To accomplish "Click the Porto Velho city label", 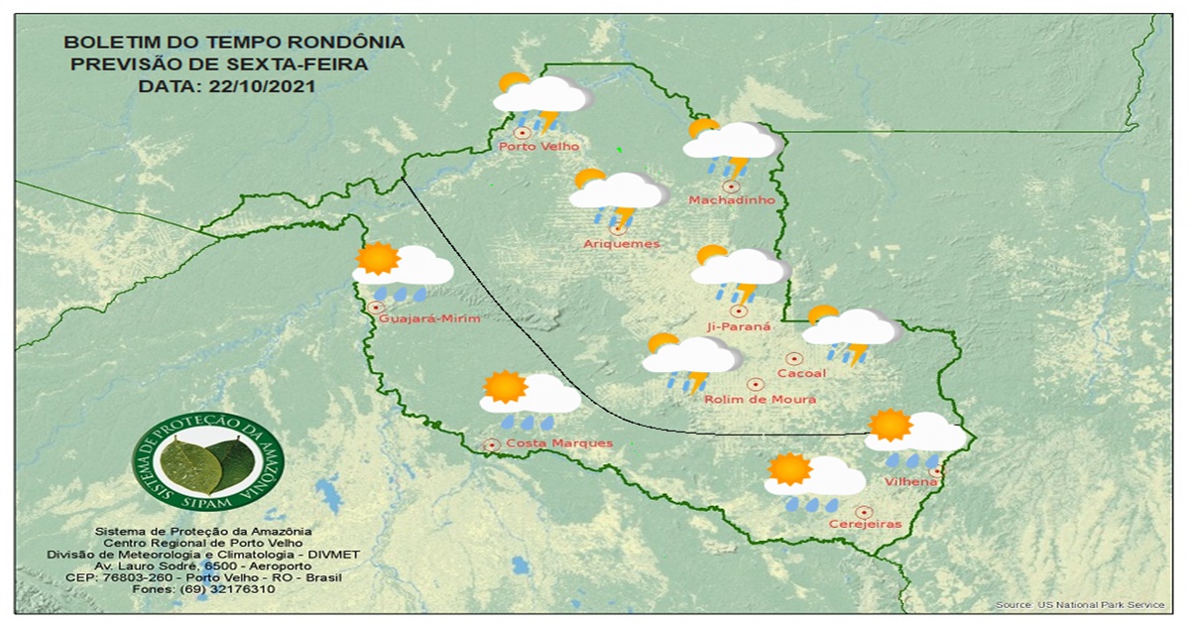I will point(539,147).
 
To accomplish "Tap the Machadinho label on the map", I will point(731,201).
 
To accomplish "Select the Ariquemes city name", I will point(622,244).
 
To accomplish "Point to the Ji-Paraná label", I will point(738,326).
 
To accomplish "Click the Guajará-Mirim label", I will point(429,318).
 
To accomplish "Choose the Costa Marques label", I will point(559,443).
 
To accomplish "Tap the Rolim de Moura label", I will point(760,400).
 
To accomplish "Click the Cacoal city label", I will point(802,374).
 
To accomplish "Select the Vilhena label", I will point(910,482).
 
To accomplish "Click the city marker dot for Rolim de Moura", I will point(755,384).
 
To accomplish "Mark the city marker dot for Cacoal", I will point(793,359).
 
